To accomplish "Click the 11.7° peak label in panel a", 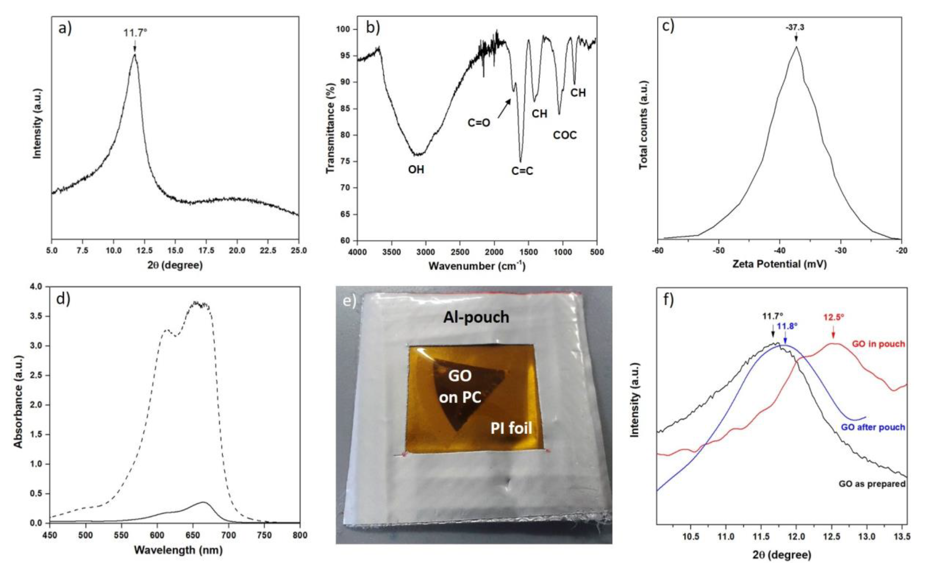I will click(135, 33).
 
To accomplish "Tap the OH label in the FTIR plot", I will click(416, 169).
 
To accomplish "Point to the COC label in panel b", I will click(565, 135).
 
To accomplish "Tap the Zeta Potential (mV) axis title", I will click(779, 264).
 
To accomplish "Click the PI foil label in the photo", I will click(511, 428).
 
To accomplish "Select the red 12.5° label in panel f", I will click(834, 317).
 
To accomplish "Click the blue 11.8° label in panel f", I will click(787, 326).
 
